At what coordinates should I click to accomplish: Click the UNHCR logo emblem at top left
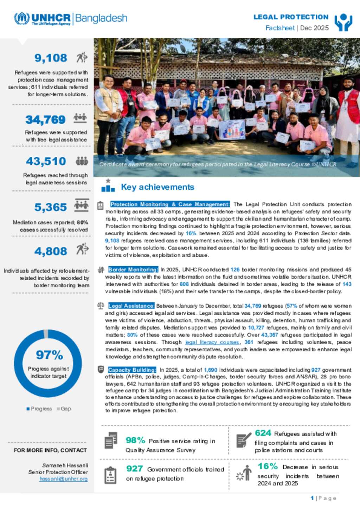coord(21,19)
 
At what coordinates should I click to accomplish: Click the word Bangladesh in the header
coord(101,18)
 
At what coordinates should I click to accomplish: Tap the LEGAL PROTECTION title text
coord(291,17)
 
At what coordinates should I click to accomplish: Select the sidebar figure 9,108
coord(51,58)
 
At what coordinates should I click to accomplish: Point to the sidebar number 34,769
coord(45,120)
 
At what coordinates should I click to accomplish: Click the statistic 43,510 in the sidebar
coord(46,161)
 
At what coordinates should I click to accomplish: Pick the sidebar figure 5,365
coord(50,207)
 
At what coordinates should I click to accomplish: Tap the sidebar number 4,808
coord(51,251)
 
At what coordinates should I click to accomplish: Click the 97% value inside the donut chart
coord(49,355)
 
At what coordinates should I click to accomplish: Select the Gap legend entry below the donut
coord(65,409)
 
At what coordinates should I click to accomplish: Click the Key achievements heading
coord(157,187)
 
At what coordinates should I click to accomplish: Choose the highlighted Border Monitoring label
coord(133,269)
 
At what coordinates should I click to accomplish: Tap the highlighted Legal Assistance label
coord(131,306)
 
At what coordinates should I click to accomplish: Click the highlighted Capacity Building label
coord(132,370)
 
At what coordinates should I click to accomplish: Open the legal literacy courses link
coord(212,342)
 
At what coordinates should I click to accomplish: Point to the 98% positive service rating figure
coord(135,440)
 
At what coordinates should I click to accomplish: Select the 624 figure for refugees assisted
coord(263,433)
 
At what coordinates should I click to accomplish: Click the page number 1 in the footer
coord(312,498)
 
